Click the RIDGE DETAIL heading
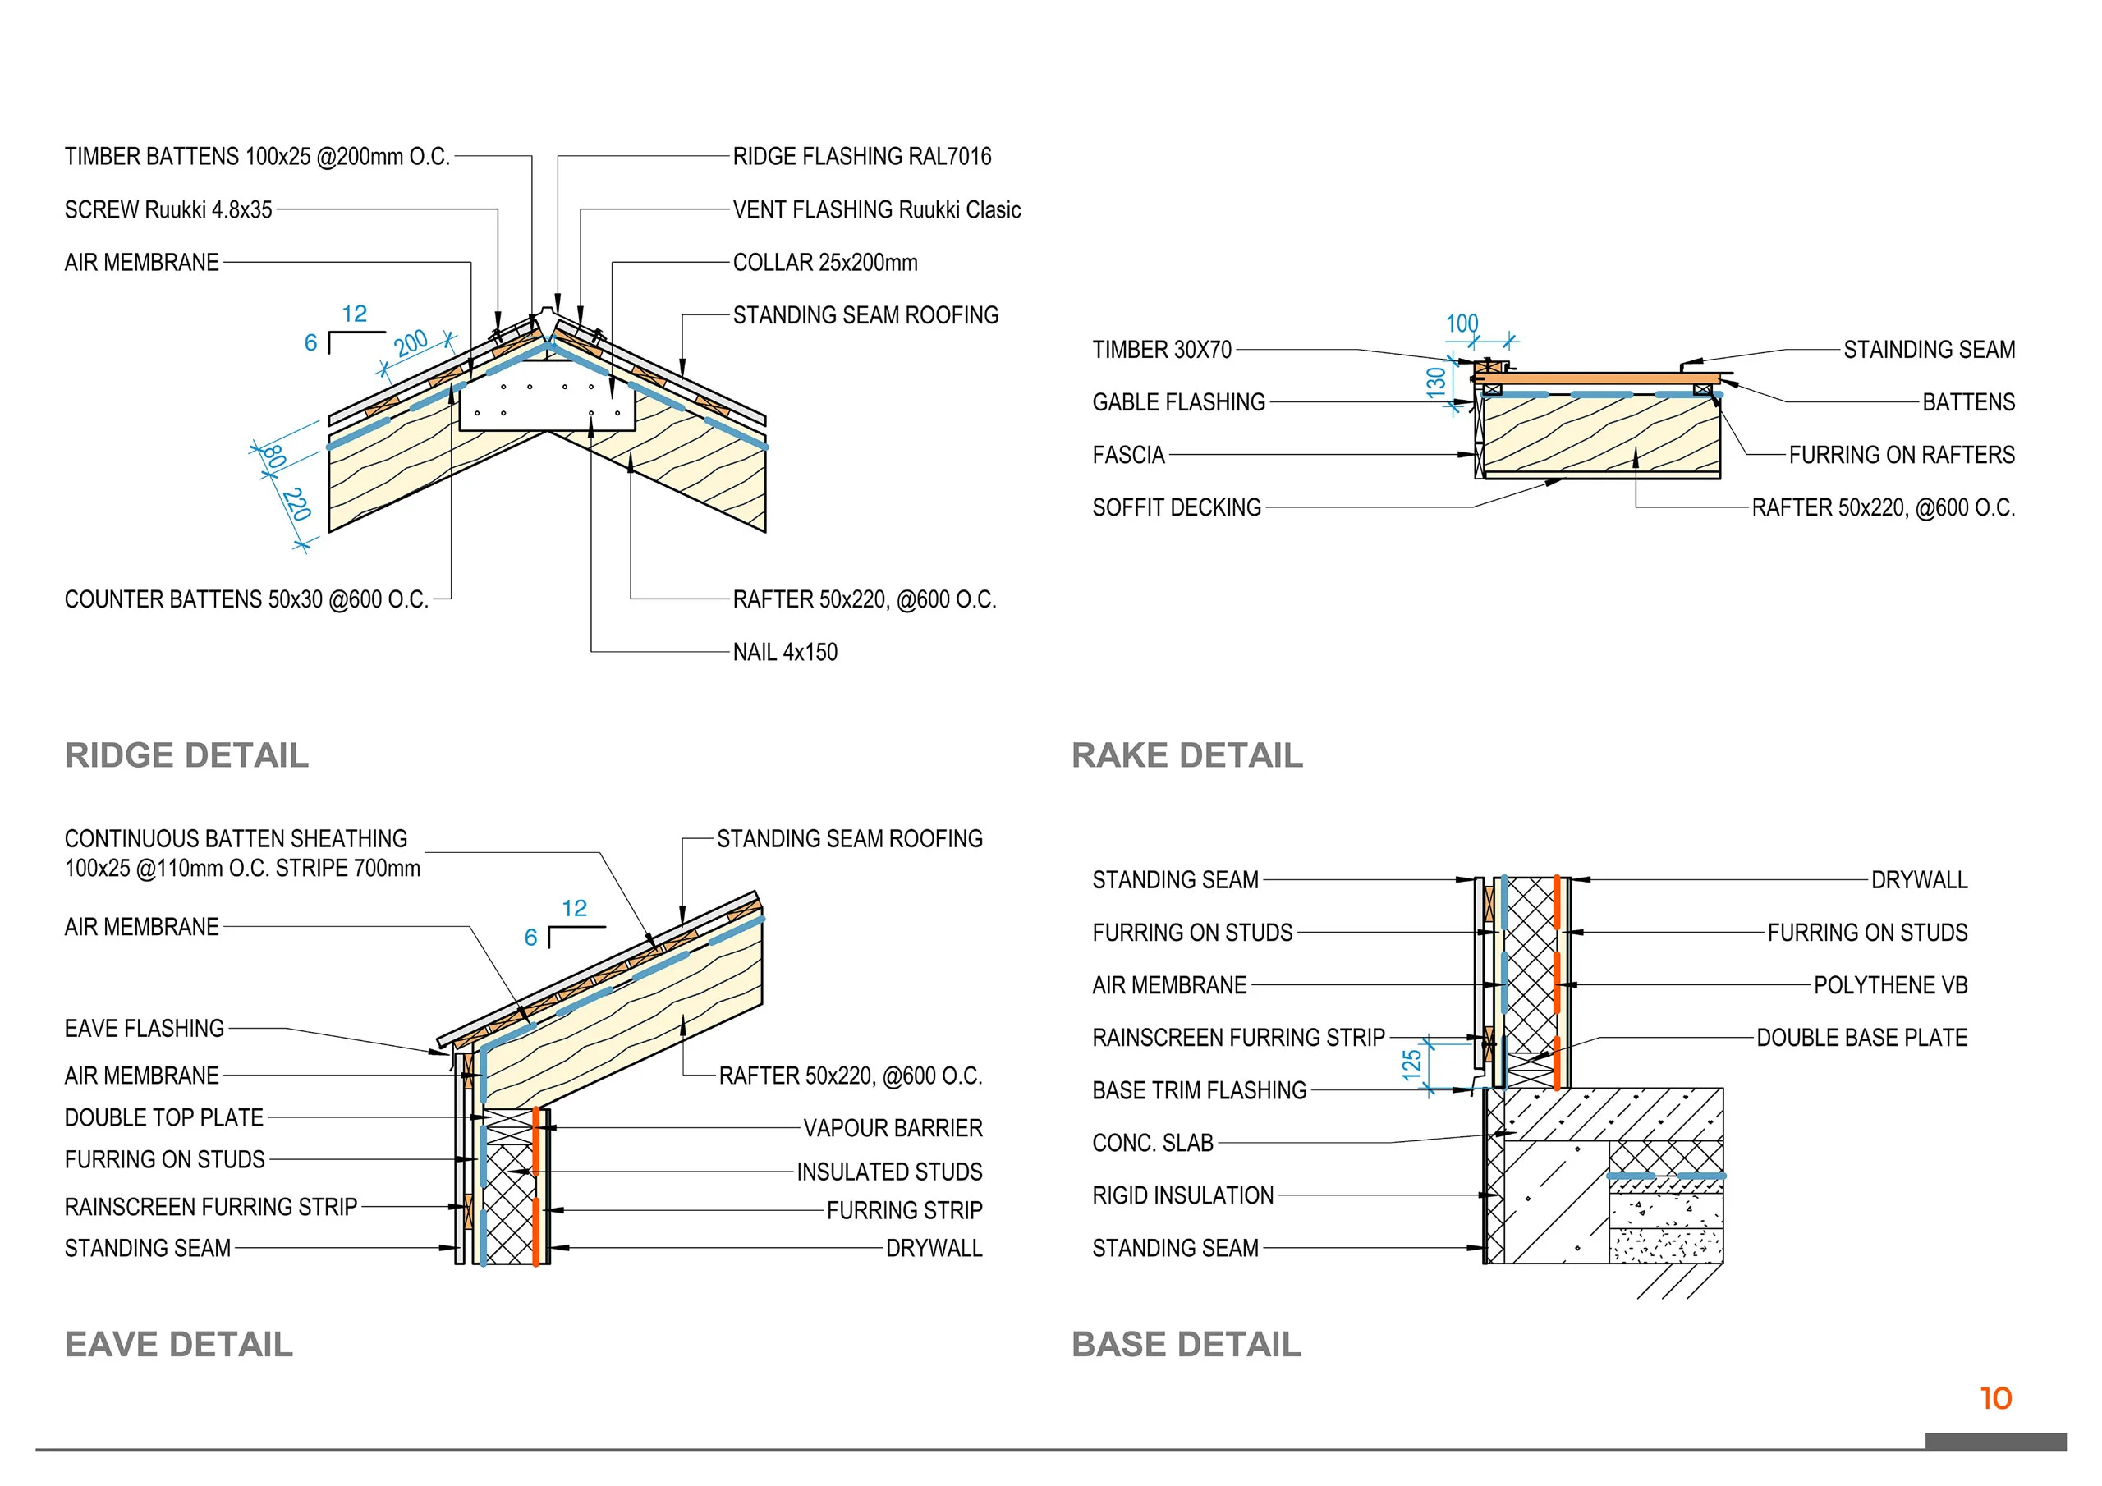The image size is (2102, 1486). point(186,755)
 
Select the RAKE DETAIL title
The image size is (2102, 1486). point(1186,755)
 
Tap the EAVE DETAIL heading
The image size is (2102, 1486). point(178,1344)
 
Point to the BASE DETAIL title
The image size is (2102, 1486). point(1186,1344)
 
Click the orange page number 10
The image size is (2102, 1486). point(1996,1398)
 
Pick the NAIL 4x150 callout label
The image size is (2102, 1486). point(785,652)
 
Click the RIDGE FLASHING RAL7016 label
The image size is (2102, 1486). point(861,157)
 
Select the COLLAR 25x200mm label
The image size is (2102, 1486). point(825,263)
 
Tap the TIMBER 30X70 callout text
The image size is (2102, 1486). point(1162,350)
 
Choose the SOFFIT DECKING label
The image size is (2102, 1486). point(1177,507)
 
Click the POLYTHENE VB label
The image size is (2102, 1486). point(1890,985)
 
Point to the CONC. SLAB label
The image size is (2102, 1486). point(1153,1143)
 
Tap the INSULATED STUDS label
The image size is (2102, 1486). point(889,1172)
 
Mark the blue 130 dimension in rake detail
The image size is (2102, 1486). point(1435,381)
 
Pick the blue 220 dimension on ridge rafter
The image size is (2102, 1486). point(296,504)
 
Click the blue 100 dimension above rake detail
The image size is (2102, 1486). point(1462,324)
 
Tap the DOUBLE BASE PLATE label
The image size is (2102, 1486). point(1861,1038)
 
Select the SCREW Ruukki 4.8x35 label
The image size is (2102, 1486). point(168,209)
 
